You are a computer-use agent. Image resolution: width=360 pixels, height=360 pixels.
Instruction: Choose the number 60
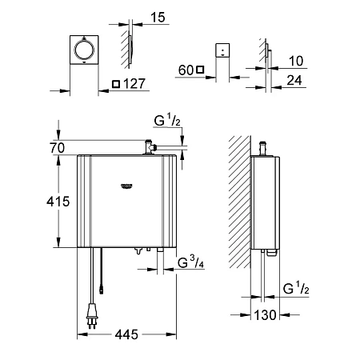[x=185, y=70]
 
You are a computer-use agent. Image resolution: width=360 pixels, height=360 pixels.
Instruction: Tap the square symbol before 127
[x=117, y=83]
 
